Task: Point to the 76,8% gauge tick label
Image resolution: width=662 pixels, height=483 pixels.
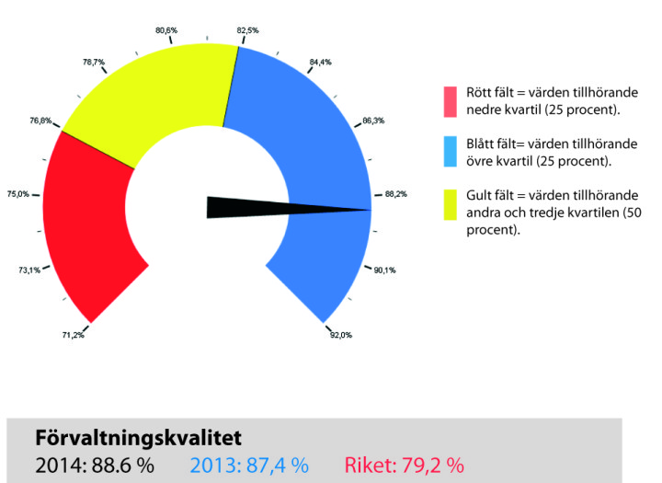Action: [x=40, y=121]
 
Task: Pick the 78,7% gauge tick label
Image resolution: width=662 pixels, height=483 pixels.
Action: [x=94, y=63]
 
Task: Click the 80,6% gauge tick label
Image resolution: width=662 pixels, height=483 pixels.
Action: [x=166, y=30]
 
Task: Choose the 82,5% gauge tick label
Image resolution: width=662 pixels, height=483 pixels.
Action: [x=247, y=30]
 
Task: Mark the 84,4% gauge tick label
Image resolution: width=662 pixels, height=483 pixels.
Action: [x=321, y=63]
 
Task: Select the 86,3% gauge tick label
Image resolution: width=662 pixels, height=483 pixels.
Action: [x=374, y=121]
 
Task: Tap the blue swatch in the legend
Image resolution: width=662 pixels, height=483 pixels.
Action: [x=451, y=152]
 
